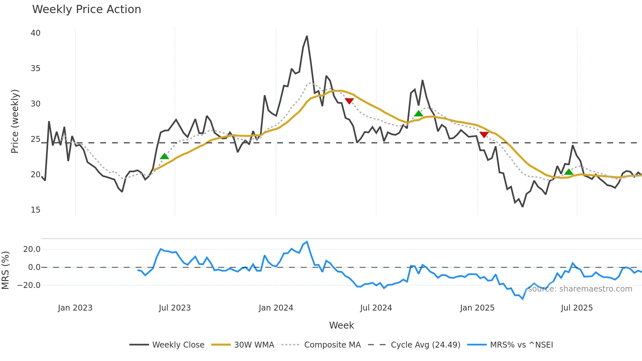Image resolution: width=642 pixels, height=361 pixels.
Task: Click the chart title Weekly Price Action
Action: (86, 9)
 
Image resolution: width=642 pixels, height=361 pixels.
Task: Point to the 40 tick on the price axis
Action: (36, 33)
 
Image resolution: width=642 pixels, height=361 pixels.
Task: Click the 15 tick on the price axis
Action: (36, 210)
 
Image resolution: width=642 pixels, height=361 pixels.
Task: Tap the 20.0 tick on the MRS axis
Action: (32, 249)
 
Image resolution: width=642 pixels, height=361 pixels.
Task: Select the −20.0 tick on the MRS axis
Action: (29, 285)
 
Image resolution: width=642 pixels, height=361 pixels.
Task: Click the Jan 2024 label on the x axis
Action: (276, 308)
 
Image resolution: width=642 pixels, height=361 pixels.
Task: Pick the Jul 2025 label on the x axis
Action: (577, 308)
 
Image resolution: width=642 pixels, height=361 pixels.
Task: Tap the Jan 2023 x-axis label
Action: (75, 308)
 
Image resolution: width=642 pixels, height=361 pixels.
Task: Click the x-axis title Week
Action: (341, 325)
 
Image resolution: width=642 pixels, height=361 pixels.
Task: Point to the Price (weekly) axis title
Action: (15, 121)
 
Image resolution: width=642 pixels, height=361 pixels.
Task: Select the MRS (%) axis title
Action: (6, 270)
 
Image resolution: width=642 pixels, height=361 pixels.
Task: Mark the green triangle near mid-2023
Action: (164, 156)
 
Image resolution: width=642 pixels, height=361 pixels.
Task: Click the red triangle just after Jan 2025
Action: (484, 134)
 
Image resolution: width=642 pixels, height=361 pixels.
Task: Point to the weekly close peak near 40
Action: (307, 36)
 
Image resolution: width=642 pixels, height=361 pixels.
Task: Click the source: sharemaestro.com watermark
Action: (580, 289)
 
